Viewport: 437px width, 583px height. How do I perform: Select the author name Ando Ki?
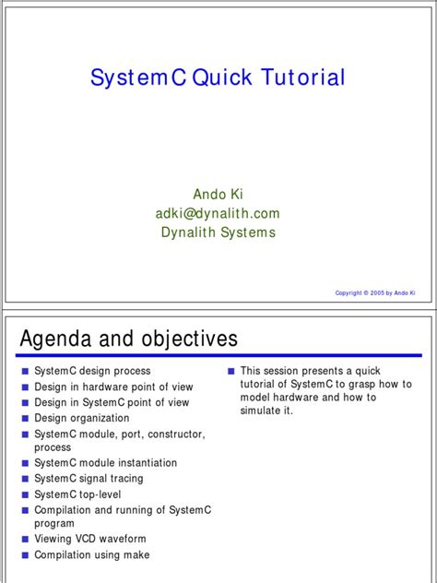(218, 194)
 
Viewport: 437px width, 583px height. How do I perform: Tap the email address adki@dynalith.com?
(218, 213)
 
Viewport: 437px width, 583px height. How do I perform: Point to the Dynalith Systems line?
(218, 232)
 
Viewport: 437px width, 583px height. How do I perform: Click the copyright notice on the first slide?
(375, 293)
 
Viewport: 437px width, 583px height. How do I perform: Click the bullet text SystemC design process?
(92, 371)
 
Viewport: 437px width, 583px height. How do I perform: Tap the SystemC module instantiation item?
(105, 463)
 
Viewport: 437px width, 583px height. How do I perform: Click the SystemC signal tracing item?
(89, 479)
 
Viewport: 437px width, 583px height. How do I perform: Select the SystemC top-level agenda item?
(77, 494)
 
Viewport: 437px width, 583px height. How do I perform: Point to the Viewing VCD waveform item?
(90, 539)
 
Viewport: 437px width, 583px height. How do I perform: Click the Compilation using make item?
(91, 554)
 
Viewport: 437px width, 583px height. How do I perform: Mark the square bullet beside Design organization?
(25, 419)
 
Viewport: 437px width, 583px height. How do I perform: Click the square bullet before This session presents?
(230, 372)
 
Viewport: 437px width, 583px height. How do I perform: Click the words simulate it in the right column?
(266, 410)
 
